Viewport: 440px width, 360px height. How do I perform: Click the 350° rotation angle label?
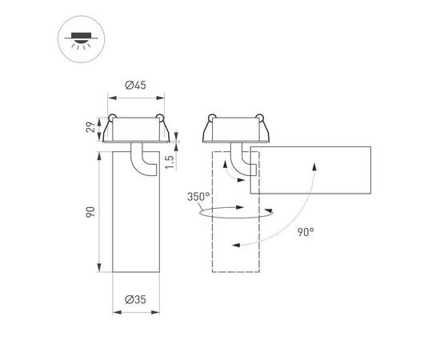[199, 196]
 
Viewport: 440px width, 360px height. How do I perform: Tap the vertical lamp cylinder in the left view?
[134, 224]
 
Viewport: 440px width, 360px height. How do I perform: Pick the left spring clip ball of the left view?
[111, 120]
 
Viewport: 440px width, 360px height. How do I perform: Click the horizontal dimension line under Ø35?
[134, 312]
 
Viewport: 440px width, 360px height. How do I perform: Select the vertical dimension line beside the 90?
[99, 212]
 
